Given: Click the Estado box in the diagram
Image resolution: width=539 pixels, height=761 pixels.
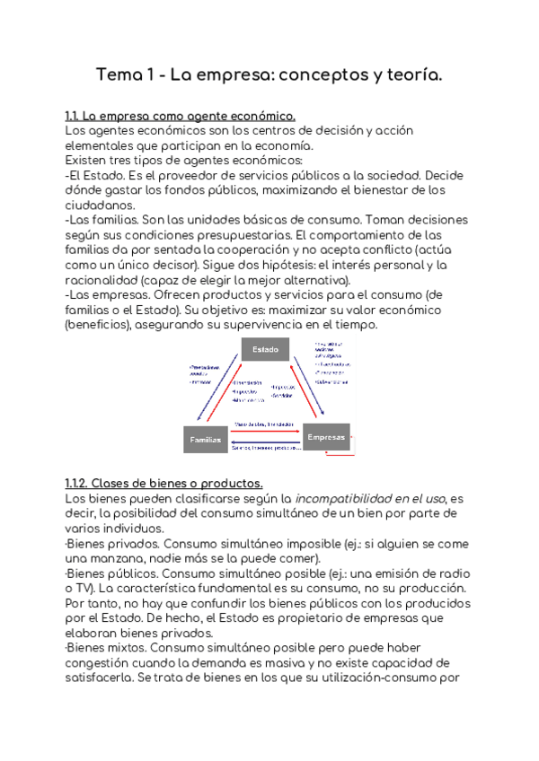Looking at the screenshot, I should pos(265,349).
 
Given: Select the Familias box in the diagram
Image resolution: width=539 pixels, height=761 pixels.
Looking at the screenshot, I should pos(204,440).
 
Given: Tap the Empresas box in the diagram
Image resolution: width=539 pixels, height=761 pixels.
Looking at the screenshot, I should pos(326,437).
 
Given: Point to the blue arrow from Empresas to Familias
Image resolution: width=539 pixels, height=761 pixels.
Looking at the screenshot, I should pos(265,443).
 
